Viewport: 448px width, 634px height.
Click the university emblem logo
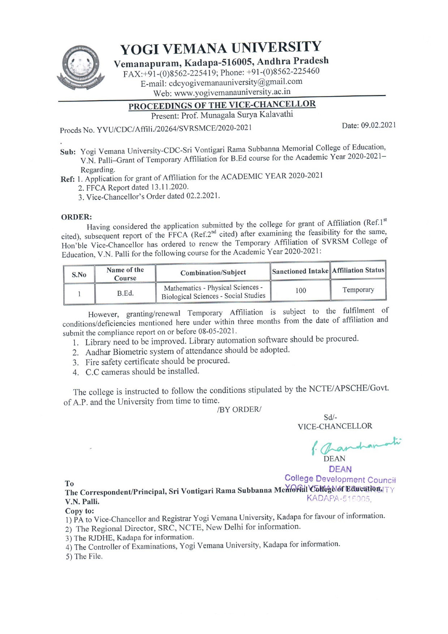click(81, 67)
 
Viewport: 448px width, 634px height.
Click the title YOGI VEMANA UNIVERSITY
click(220, 48)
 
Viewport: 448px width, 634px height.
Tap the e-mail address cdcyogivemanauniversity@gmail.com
click(236, 82)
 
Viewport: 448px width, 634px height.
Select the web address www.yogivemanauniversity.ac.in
click(232, 92)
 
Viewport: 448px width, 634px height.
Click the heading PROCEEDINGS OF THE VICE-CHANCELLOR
click(222, 105)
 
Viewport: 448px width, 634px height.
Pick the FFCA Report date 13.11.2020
click(170, 187)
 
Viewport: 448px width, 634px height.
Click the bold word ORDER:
click(77, 217)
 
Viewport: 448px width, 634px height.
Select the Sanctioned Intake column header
click(300, 271)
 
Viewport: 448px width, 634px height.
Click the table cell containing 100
click(300, 290)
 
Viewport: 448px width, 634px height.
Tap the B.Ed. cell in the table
click(125, 293)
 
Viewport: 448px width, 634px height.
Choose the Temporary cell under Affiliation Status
click(358, 290)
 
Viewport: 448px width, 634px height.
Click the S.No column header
click(79, 275)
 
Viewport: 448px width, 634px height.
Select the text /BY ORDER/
click(239, 409)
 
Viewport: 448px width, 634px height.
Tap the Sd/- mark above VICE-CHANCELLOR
click(330, 418)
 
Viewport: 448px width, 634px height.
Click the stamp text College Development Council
click(340, 479)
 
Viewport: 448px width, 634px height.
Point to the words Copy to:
click(79, 511)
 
